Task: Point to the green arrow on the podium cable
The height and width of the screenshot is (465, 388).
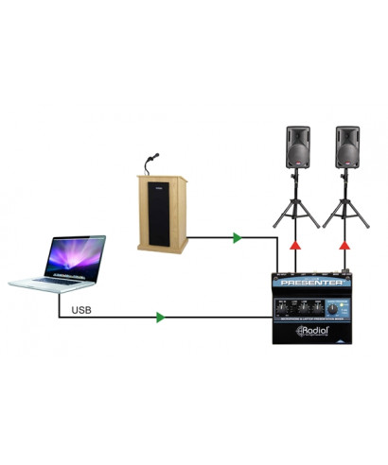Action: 235,238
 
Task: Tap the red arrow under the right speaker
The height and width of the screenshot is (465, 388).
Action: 347,246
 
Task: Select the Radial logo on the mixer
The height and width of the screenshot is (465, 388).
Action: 318,331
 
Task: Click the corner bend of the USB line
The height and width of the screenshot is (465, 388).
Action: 60,318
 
